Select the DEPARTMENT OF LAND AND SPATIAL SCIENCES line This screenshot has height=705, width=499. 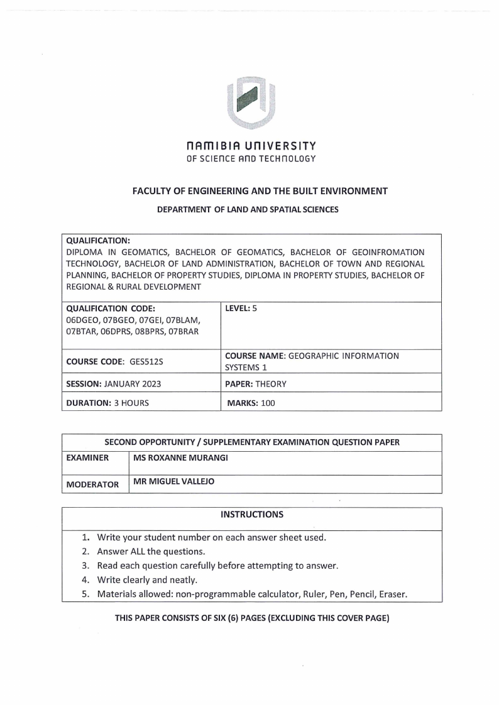pos(247,209)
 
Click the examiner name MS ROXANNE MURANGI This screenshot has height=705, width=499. pos(180,458)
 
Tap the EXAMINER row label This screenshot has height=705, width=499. pos(89,458)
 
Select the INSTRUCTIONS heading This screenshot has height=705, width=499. pos(251,515)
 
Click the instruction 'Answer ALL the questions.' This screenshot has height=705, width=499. pos(151,551)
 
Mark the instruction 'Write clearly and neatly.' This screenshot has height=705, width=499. pos(147,580)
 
